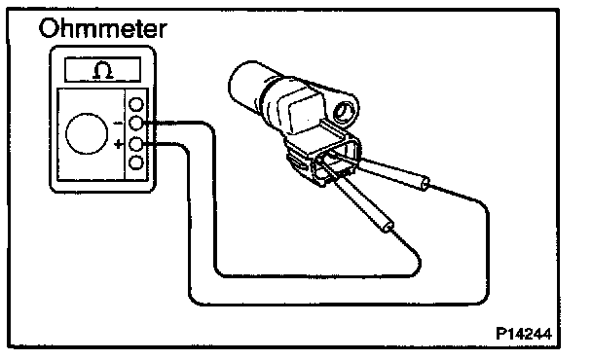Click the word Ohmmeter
[102, 28]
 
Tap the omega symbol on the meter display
[102, 70]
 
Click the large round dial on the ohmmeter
[87, 133]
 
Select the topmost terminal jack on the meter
[136, 104]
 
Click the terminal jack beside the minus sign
[136, 123]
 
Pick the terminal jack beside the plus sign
[136, 144]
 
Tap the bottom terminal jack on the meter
[136, 163]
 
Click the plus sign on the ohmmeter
[119, 144]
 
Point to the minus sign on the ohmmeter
[118, 123]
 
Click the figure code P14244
[524, 334]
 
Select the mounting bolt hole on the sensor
[345, 112]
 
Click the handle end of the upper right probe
[425, 184]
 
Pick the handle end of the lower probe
[388, 227]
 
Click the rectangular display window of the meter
[102, 69]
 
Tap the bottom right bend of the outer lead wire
[483, 298]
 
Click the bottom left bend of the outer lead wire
[194, 299]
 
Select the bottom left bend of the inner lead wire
[220, 271]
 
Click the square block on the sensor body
[306, 113]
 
